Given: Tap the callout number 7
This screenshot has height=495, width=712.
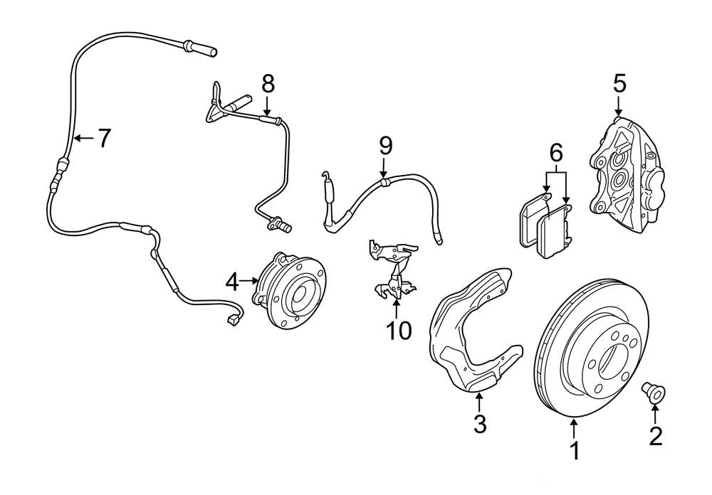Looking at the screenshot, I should [104, 138].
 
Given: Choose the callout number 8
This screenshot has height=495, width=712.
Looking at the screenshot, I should [267, 83].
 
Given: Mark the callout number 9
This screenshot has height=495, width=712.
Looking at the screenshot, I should [384, 146].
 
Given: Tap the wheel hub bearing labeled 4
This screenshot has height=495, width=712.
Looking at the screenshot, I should [291, 289].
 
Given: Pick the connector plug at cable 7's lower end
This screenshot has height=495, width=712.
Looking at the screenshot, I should [232, 321].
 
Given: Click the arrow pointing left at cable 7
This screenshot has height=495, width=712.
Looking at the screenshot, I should [82, 138].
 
